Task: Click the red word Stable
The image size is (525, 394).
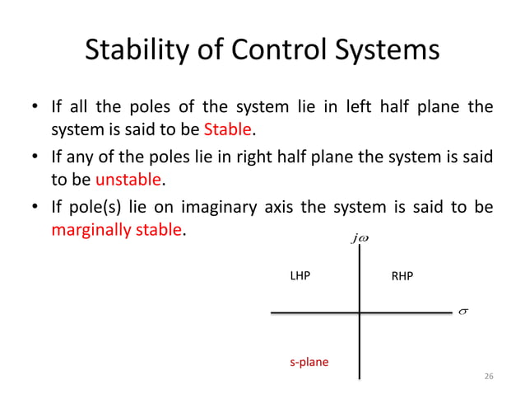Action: pyautogui.click(x=226, y=129)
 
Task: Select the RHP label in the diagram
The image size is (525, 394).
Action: pyautogui.click(x=402, y=277)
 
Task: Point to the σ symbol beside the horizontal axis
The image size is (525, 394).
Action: pyautogui.click(x=462, y=312)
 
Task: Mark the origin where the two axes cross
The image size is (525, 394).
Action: pyautogui.click(x=360, y=312)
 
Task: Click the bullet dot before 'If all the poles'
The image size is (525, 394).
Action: pyautogui.click(x=35, y=108)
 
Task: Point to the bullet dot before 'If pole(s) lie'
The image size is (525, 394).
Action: pyautogui.click(x=35, y=208)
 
